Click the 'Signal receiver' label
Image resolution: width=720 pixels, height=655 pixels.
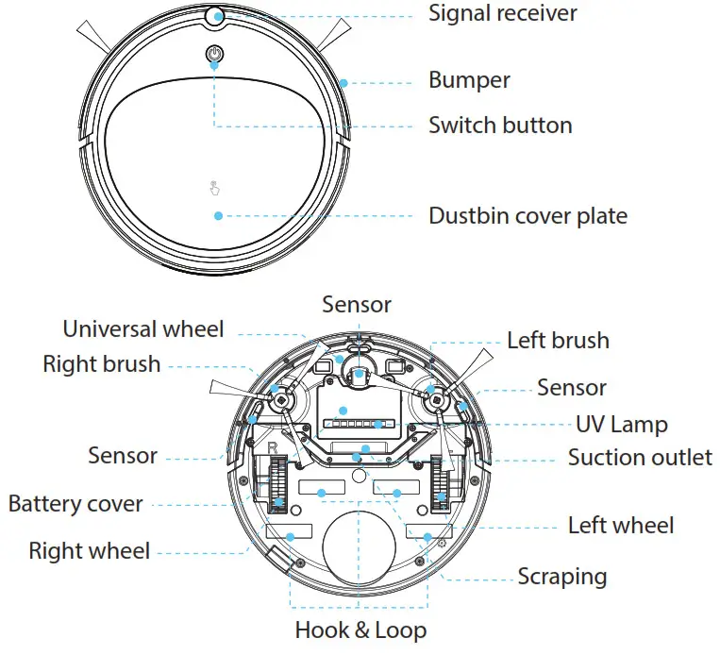pyautogui.click(x=502, y=14)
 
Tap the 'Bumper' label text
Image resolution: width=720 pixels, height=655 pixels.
pyautogui.click(x=469, y=81)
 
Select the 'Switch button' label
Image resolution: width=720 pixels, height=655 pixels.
pyautogui.click(x=500, y=126)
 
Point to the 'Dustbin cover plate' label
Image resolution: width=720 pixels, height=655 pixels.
pyautogui.click(x=527, y=216)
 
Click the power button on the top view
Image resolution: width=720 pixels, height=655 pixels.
pyautogui.click(x=215, y=55)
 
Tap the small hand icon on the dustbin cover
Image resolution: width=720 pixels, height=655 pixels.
pyautogui.click(x=214, y=187)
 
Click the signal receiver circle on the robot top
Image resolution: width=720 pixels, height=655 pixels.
pyautogui.click(x=214, y=15)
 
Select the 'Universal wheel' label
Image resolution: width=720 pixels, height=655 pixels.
pyautogui.click(x=143, y=329)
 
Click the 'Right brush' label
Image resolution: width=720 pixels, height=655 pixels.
pyautogui.click(x=102, y=364)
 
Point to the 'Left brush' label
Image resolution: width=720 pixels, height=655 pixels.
pyautogui.click(x=558, y=341)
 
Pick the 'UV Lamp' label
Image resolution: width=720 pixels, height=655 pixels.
pyautogui.click(x=621, y=425)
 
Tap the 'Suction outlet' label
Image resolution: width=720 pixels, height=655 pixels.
pyautogui.click(x=640, y=458)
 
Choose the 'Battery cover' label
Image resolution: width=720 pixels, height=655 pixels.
pyautogui.click(x=75, y=504)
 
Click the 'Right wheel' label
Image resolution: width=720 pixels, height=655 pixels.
pyautogui.click(x=90, y=550)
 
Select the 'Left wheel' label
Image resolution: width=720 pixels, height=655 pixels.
pyautogui.click(x=621, y=525)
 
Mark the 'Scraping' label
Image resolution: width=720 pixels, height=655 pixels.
pyautogui.click(x=561, y=576)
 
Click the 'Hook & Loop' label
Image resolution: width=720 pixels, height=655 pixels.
pyautogui.click(x=360, y=630)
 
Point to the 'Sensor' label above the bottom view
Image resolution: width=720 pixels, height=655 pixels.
pyautogui.click(x=356, y=304)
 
